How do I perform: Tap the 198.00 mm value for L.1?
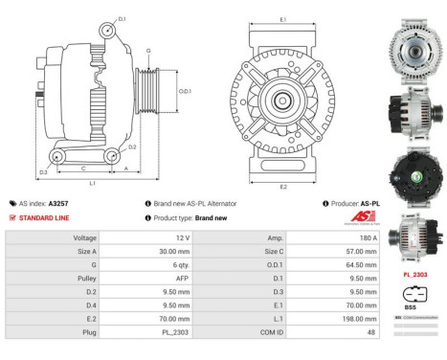pyautogui.click(x=356, y=316)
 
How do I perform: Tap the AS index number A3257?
pyautogui.click(x=58, y=204)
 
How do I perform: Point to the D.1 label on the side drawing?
pyautogui.click(x=122, y=19)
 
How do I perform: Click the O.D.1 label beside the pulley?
pyautogui.click(x=186, y=92)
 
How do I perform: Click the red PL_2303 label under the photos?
pyautogui.click(x=413, y=274)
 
